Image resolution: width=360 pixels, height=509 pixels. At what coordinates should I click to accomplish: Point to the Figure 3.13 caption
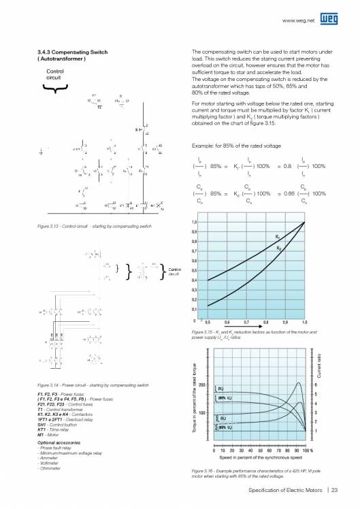[90, 226]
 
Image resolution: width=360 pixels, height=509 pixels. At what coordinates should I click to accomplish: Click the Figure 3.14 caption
[90, 385]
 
